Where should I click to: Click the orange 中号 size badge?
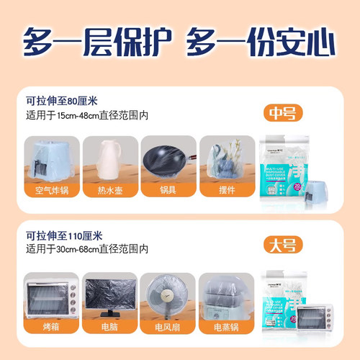click(282, 114)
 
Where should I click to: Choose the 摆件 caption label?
click(226, 191)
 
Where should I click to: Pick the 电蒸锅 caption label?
click(226, 326)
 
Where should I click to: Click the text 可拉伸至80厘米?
click(62, 100)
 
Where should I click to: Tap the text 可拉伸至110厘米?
click(65, 235)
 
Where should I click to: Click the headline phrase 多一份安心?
click(261, 41)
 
